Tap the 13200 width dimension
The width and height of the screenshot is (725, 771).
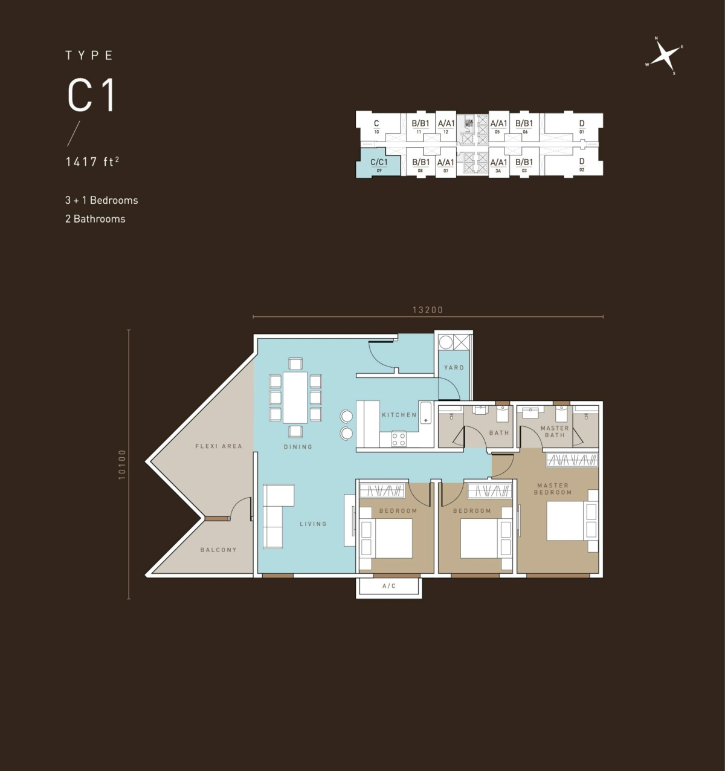coord(428,310)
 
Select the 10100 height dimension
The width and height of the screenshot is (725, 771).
coord(123,464)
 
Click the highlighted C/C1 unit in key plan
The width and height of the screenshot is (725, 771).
coord(379,164)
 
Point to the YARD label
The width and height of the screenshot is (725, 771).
coord(454,368)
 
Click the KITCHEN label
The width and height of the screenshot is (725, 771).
coord(399,415)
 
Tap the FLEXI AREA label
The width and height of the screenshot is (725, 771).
coord(218,446)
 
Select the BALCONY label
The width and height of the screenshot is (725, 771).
coord(218,550)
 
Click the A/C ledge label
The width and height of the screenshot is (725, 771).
coord(389,586)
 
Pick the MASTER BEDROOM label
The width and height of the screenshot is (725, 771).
coord(552,489)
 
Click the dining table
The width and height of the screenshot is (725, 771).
coord(295,397)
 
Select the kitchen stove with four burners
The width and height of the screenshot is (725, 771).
coord(398,438)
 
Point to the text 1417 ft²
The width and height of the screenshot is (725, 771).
coord(92,161)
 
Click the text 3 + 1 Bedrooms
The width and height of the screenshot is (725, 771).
coord(101,200)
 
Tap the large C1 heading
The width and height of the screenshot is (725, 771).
coord(91,96)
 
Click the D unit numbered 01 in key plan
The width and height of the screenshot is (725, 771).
coord(581,126)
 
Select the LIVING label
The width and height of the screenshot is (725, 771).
coord(313,524)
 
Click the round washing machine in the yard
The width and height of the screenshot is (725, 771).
coord(446,342)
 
